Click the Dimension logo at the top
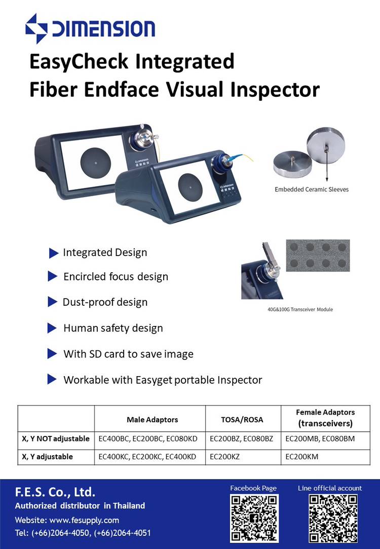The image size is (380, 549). click(90, 28)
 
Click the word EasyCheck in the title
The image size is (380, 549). click(79, 62)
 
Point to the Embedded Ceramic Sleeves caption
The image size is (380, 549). click(312, 190)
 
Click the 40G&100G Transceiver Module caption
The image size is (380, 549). click(300, 310)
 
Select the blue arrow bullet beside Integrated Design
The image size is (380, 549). click(54, 253)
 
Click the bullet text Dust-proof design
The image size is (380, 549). click(105, 302)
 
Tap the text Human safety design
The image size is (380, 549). click(113, 328)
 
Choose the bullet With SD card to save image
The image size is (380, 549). click(128, 354)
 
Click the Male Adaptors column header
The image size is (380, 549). click(152, 419)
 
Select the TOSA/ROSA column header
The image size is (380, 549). click(242, 419)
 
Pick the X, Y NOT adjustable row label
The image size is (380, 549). click(56, 438)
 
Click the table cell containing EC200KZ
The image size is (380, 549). click(243, 457)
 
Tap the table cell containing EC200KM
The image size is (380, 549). click(325, 457)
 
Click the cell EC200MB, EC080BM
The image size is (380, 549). click(325, 438)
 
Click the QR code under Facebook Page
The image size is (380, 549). click(254, 518)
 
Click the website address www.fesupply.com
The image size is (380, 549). click(84, 520)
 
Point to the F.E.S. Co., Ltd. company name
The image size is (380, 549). click(55, 492)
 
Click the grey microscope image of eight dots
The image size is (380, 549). click(318, 255)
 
